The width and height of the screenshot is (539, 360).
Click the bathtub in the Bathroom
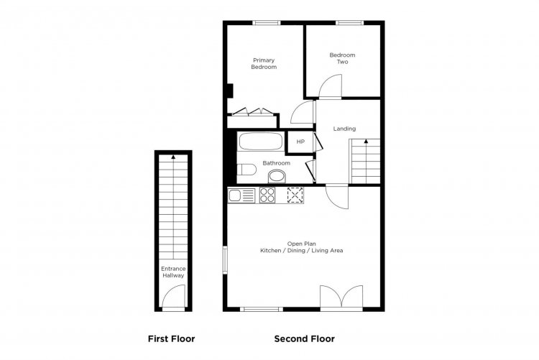[261, 141]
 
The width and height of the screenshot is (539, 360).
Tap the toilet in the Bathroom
[247, 170]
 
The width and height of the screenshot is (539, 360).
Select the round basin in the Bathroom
[277, 177]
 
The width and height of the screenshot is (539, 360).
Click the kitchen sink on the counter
[241, 195]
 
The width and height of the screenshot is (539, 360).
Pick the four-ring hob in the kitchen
[267, 195]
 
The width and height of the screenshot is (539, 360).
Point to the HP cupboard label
[300, 142]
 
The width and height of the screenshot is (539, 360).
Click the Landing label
[344, 129]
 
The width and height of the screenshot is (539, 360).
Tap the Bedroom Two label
[342, 58]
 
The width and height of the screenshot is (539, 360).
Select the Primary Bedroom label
[264, 64]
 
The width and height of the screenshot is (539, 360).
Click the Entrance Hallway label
[173, 272]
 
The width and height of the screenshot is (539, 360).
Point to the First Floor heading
[171, 339]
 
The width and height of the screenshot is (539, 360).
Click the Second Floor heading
[304, 339]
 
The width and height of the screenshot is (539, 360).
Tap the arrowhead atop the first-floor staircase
[173, 157]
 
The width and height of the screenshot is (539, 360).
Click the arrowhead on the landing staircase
[366, 141]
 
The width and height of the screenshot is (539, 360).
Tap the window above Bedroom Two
[349, 23]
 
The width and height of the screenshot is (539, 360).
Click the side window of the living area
[225, 260]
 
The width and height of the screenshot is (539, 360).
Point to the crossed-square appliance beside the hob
[295, 195]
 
